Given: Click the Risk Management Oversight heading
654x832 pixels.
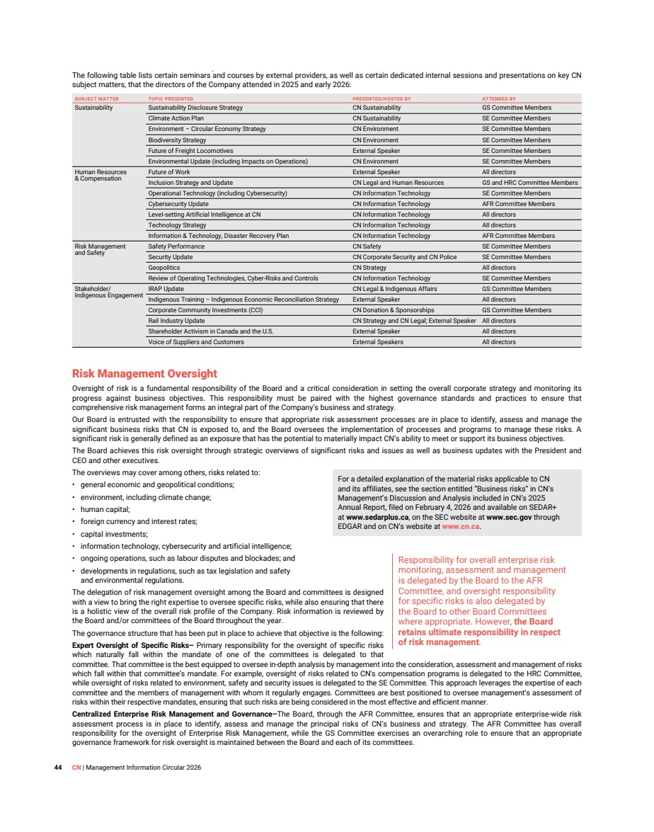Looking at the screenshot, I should point(144,373).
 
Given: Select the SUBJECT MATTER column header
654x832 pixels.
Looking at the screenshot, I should point(96,98).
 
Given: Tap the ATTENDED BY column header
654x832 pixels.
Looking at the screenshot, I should point(498,98).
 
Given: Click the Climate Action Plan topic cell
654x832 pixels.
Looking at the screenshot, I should point(176,118).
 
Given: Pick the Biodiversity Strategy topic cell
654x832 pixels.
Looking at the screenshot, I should point(177,140).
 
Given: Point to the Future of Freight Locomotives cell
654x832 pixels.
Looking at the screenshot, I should point(190,151).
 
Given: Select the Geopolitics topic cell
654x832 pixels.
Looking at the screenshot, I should point(163,268).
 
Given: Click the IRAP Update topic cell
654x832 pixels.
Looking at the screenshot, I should point(166,289).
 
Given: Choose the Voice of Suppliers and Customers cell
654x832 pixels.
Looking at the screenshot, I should point(196,342).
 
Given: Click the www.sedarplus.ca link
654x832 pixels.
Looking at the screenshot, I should point(376,517).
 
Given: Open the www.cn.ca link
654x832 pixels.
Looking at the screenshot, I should point(461,526).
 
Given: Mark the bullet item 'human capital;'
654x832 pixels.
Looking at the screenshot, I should point(105,509).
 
